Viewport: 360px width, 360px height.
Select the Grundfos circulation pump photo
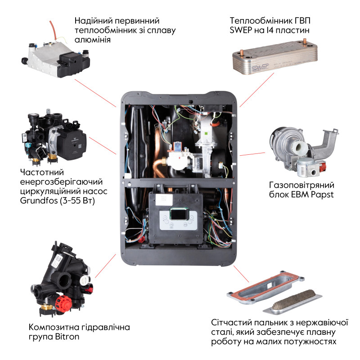pyautogui.click(x=54, y=135)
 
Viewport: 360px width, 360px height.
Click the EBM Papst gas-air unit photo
pyautogui.click(x=301, y=148)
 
